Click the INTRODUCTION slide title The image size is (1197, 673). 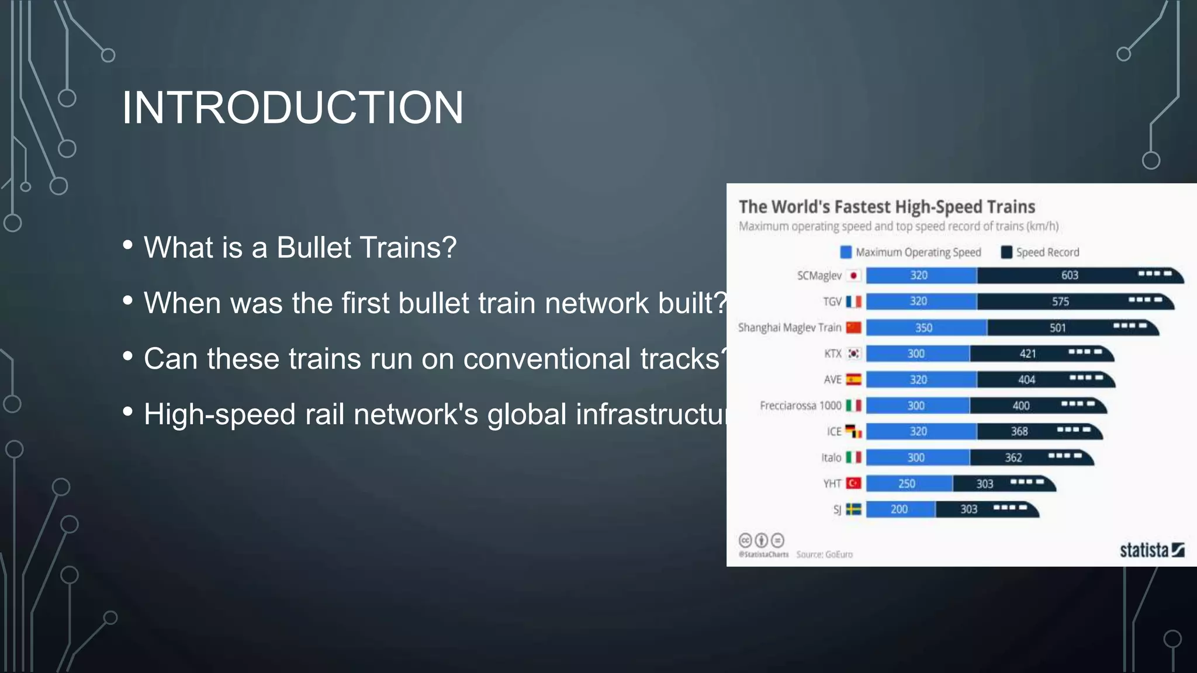point(292,108)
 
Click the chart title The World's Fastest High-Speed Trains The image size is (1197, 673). point(887,207)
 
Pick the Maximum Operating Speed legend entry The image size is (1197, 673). point(911,252)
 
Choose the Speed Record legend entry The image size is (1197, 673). point(1040,252)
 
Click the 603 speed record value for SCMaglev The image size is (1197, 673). point(1070,275)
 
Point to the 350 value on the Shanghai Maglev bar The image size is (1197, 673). point(923,328)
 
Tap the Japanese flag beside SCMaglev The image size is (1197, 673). point(854,275)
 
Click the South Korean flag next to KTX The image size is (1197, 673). point(854,353)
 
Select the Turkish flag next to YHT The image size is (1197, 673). point(854,483)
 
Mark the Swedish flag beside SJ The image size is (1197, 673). point(854,509)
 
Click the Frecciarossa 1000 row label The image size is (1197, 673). point(800,405)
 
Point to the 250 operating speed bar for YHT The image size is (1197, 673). point(907,484)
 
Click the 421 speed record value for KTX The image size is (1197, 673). point(1028,353)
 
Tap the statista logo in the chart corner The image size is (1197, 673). point(1151,550)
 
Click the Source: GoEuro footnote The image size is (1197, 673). point(824,554)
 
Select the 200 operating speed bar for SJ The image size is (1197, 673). point(900,509)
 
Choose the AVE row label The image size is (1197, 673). point(832,380)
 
